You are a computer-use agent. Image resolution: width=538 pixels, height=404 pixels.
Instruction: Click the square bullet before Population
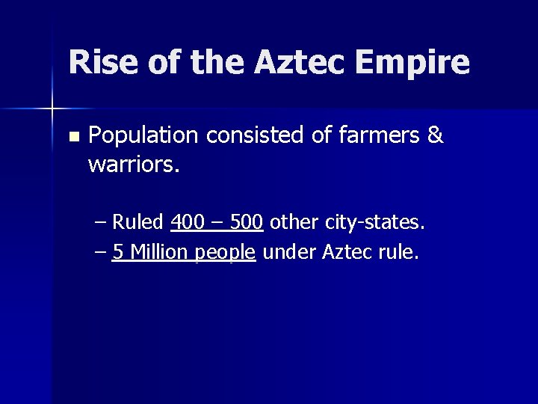click(x=72, y=138)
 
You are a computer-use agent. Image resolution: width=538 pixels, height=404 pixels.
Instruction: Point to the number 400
click(x=187, y=222)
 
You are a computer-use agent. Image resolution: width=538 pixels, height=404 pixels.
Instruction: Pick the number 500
click(x=246, y=222)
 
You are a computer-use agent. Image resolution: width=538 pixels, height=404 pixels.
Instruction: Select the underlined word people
click(x=226, y=253)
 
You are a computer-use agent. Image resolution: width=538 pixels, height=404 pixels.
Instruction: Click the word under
click(x=289, y=252)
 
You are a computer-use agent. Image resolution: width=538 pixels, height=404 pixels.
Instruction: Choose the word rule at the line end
click(x=398, y=252)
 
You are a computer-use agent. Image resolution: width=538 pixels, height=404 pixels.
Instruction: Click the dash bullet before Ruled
click(x=102, y=223)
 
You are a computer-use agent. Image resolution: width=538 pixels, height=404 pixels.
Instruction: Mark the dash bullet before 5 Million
click(x=102, y=253)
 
